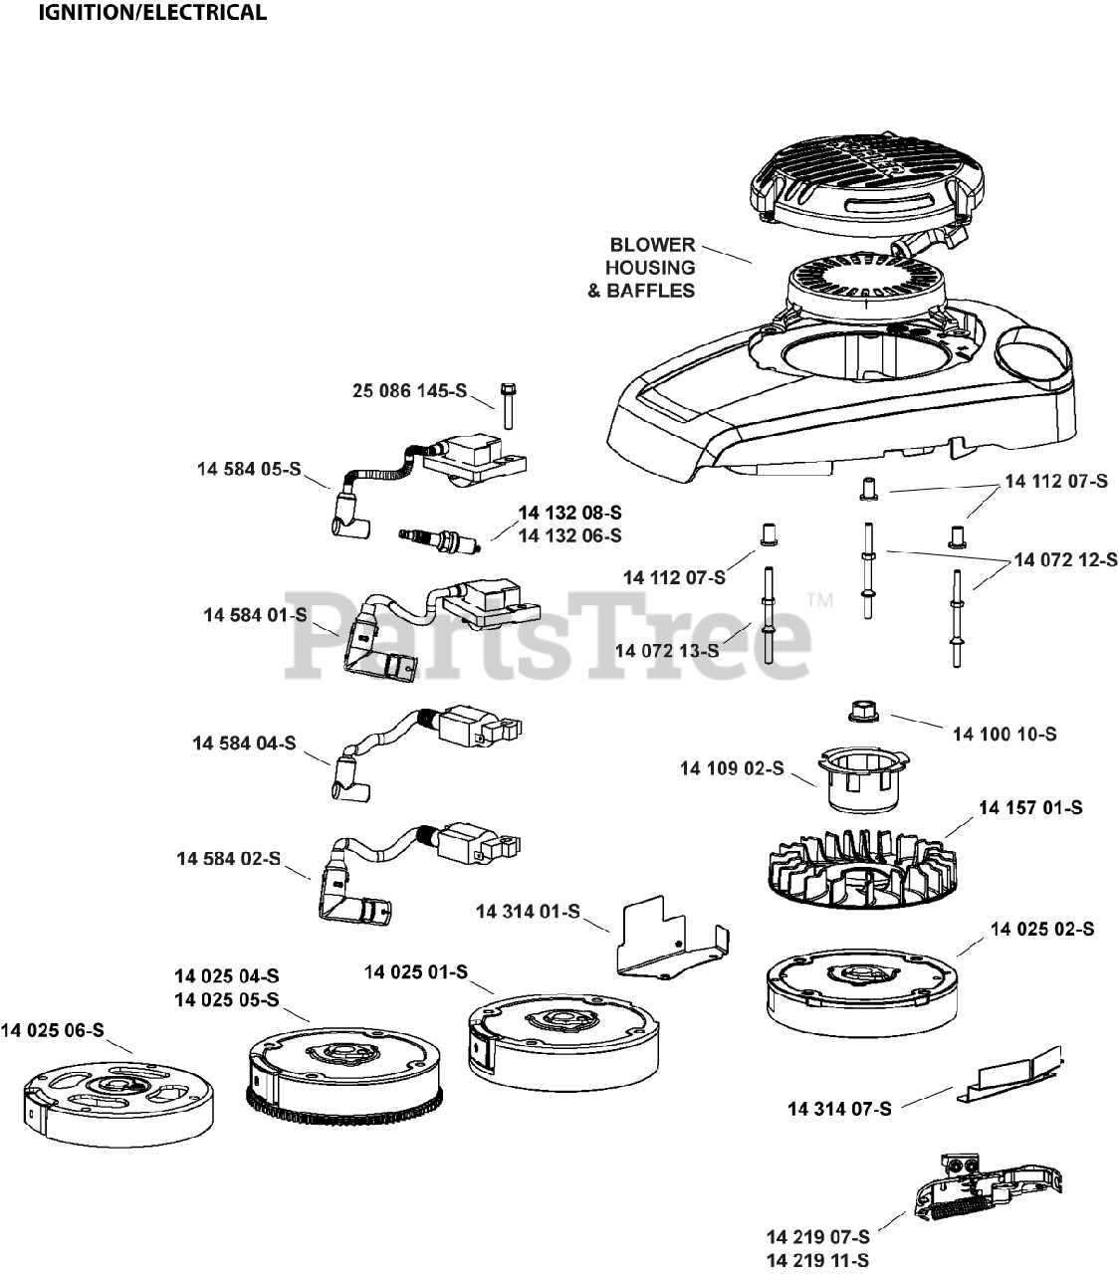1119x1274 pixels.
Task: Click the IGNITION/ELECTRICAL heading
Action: (152, 13)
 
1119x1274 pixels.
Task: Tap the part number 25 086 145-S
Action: (409, 391)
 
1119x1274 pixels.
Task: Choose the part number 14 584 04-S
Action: (244, 743)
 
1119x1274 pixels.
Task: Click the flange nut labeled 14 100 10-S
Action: (861, 712)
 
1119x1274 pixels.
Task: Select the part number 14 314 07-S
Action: (839, 1108)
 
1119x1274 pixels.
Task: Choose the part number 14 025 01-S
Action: (415, 971)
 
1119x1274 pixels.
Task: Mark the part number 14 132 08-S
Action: (569, 513)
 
